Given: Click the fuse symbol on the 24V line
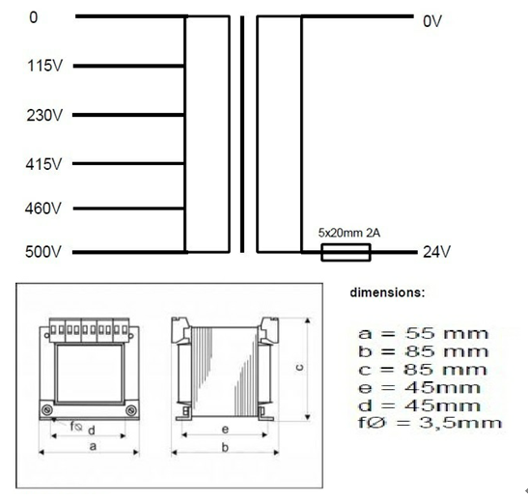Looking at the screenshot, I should pyautogui.click(x=345, y=253).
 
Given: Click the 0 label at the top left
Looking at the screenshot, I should pyautogui.click(x=35, y=18).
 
